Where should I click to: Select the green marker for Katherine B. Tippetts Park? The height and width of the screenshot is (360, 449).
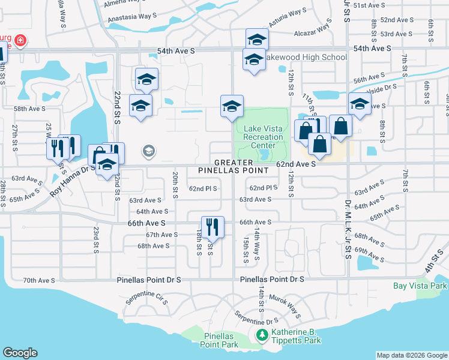pyautogui.click(x=261, y=335)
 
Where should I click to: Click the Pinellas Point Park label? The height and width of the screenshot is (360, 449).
pyautogui.click(x=220, y=340)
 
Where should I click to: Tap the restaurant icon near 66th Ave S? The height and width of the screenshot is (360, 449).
pyautogui.click(x=212, y=227)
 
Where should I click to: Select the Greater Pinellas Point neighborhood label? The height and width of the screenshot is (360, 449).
pyautogui.click(x=234, y=167)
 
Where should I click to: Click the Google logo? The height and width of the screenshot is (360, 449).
pyautogui.click(x=20, y=353)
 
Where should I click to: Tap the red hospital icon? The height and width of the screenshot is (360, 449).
pyautogui.click(x=20, y=41)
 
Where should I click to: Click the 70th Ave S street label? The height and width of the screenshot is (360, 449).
pyautogui.click(x=39, y=280)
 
